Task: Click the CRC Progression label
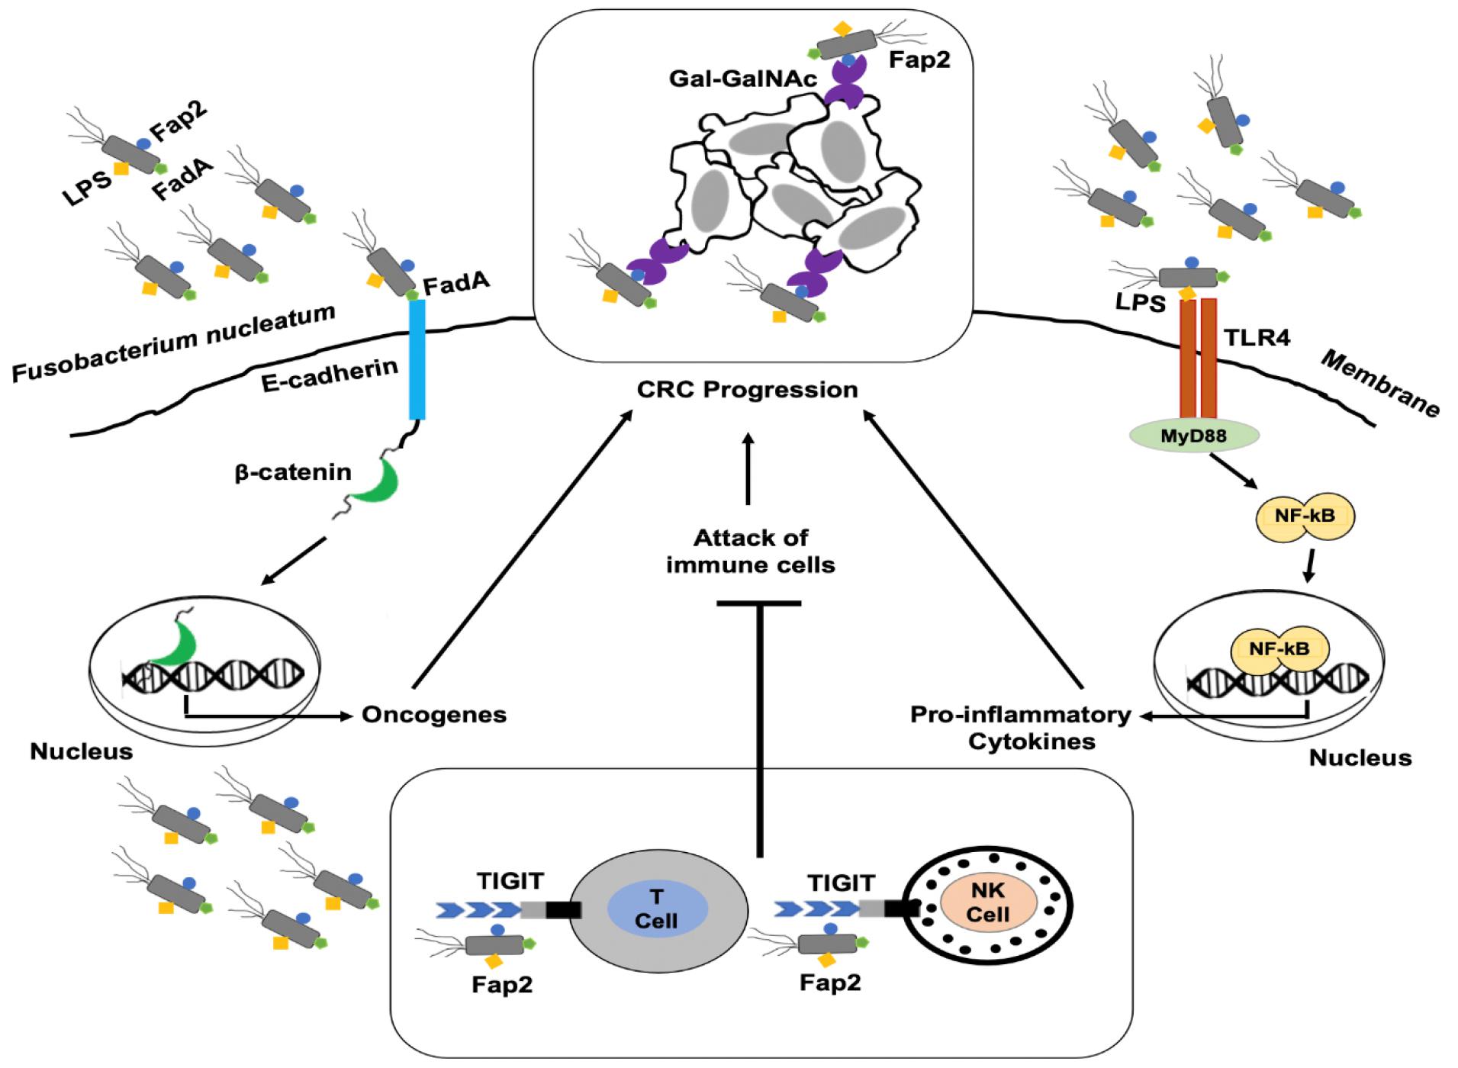pyautogui.click(x=747, y=390)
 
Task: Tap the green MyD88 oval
pyautogui.click(x=1193, y=436)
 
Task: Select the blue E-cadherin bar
pyautogui.click(x=417, y=359)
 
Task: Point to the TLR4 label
pyautogui.click(x=1257, y=336)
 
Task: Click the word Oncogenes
pyautogui.click(x=434, y=715)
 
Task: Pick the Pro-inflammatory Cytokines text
pyautogui.click(x=1021, y=727)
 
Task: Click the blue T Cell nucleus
pyautogui.click(x=657, y=909)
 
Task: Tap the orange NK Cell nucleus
pyautogui.click(x=988, y=903)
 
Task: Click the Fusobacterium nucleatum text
pyautogui.click(x=174, y=343)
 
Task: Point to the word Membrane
pyautogui.click(x=1379, y=384)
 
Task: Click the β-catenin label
pyautogui.click(x=293, y=473)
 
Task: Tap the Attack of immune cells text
pyautogui.click(x=750, y=552)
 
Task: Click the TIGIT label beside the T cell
pyautogui.click(x=510, y=881)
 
